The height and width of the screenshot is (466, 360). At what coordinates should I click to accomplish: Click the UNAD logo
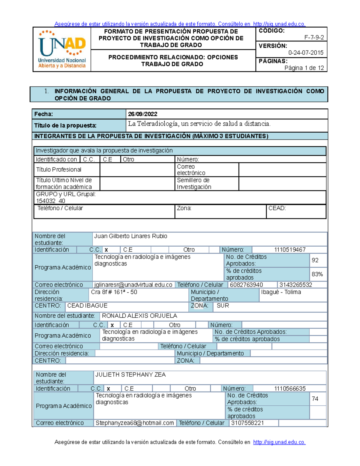pos(62,49)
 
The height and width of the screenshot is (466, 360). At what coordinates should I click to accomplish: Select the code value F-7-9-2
pos(314,38)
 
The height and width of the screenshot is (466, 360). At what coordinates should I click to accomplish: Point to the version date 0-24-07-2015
pos(306,53)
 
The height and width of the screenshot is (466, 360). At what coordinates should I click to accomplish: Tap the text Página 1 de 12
pos(304,68)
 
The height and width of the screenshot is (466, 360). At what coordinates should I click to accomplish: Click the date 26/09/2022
pos(142,114)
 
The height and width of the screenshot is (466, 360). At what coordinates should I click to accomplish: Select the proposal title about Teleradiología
pos(199,124)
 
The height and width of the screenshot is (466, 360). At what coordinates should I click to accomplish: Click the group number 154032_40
pos(50,201)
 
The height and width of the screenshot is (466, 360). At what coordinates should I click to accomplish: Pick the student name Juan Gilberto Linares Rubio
pos(130,236)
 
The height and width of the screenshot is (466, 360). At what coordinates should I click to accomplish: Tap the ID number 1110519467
pos(290,250)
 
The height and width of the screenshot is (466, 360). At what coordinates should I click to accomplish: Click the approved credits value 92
pos(315,260)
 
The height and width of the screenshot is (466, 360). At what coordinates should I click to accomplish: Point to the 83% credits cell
pos(317,274)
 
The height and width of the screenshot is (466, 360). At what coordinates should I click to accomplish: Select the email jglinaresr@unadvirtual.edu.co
pos(133,285)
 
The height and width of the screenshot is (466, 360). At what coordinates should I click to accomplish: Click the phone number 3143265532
pos(295,285)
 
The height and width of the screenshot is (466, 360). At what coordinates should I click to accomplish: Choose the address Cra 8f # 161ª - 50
pos(114,292)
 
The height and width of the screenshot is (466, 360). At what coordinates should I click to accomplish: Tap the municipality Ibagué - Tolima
pos(281,292)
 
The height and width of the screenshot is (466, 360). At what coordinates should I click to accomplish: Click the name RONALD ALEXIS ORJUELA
pos(139,316)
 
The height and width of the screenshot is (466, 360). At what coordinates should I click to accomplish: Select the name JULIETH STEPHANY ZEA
pos(130,374)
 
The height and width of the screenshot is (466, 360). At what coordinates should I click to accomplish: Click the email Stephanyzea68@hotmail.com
pos(135,423)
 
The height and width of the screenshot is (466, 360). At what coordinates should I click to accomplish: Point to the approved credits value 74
pos(315,399)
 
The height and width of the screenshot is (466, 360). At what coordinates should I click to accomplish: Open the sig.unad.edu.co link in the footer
pos(279,442)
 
